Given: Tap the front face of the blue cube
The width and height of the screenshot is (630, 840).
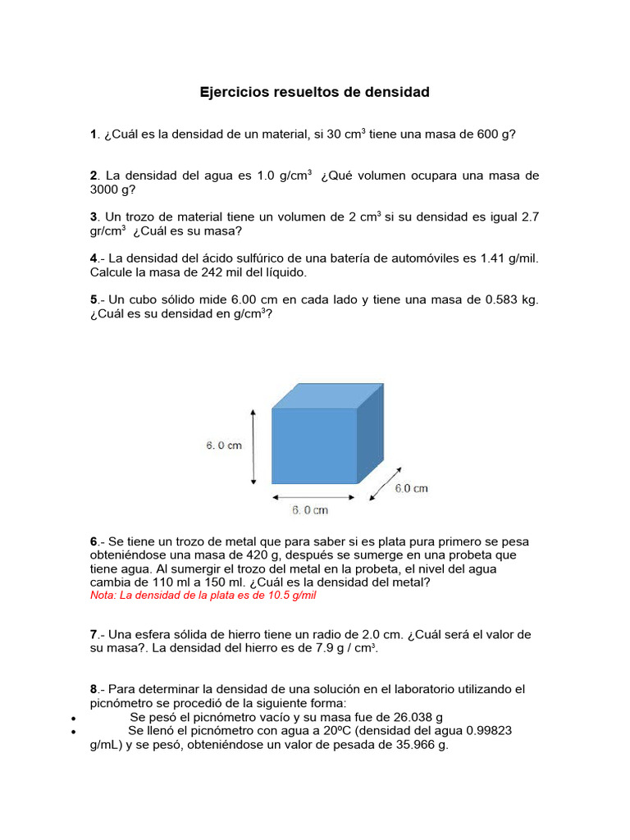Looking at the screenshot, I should (x=314, y=445).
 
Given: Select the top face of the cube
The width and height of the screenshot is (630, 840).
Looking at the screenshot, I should (x=327, y=395).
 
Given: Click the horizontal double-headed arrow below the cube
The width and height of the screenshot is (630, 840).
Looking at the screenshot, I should (x=314, y=496).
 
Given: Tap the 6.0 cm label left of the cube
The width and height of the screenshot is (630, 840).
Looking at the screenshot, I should (x=223, y=446).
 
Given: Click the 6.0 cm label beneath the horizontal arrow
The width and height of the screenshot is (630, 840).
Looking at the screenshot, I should (x=310, y=511).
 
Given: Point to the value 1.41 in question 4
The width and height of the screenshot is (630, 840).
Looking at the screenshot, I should (x=492, y=258).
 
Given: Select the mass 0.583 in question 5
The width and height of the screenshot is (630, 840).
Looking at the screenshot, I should (x=502, y=300).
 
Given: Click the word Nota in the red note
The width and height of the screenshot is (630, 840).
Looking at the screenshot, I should (x=103, y=596).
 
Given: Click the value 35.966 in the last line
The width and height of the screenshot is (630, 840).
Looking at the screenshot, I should (x=414, y=746).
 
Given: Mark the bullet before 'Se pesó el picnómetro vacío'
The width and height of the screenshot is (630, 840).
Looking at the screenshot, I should (x=73, y=718).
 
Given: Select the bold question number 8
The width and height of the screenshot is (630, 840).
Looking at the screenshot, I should (x=94, y=689).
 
